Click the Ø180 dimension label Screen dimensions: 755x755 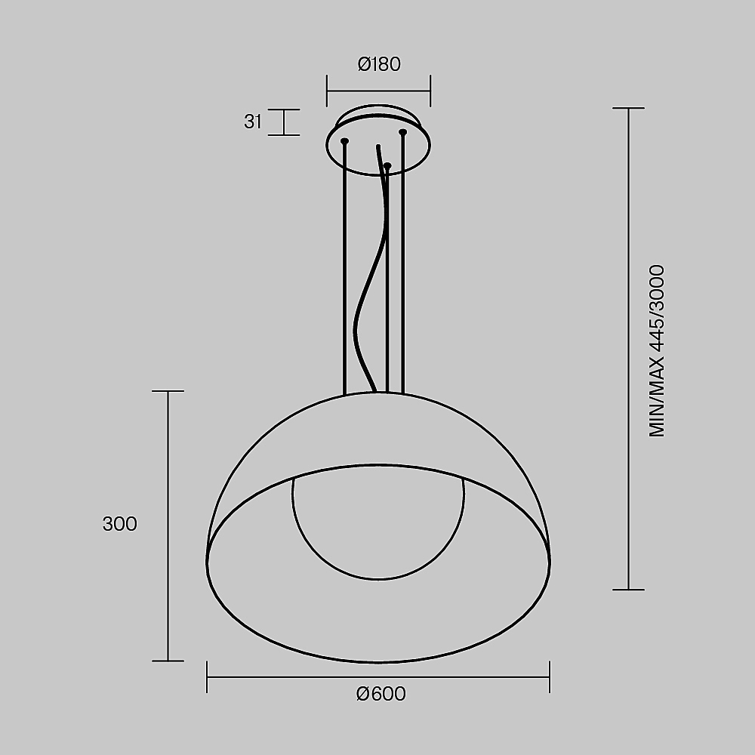pyautogui.click(x=378, y=64)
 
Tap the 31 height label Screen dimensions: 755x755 pyautogui.click(x=253, y=122)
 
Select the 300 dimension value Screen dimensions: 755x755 pyautogui.click(x=120, y=524)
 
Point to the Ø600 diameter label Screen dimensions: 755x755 pyautogui.click(x=381, y=694)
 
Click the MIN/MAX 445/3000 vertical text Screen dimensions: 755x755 pyautogui.click(x=657, y=350)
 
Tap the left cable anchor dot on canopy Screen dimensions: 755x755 pyautogui.click(x=345, y=141)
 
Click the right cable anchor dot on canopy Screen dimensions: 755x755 pyautogui.click(x=403, y=133)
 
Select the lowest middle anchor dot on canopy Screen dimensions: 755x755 pyautogui.click(x=387, y=165)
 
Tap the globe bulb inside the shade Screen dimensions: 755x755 pyautogui.click(x=378, y=528)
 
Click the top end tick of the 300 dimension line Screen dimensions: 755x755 pyautogui.click(x=168, y=391)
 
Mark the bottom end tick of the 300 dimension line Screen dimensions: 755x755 pyautogui.click(x=168, y=661)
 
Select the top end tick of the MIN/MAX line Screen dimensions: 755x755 pyautogui.click(x=628, y=108)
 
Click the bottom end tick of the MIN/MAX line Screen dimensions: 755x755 pyautogui.click(x=628, y=589)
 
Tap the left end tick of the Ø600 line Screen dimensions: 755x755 pyautogui.click(x=207, y=676)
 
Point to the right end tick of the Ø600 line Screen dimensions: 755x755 pyautogui.click(x=550, y=676)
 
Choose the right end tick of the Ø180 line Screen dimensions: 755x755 pyautogui.click(x=430, y=91)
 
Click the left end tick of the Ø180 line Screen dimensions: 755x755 pyautogui.click(x=326, y=91)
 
